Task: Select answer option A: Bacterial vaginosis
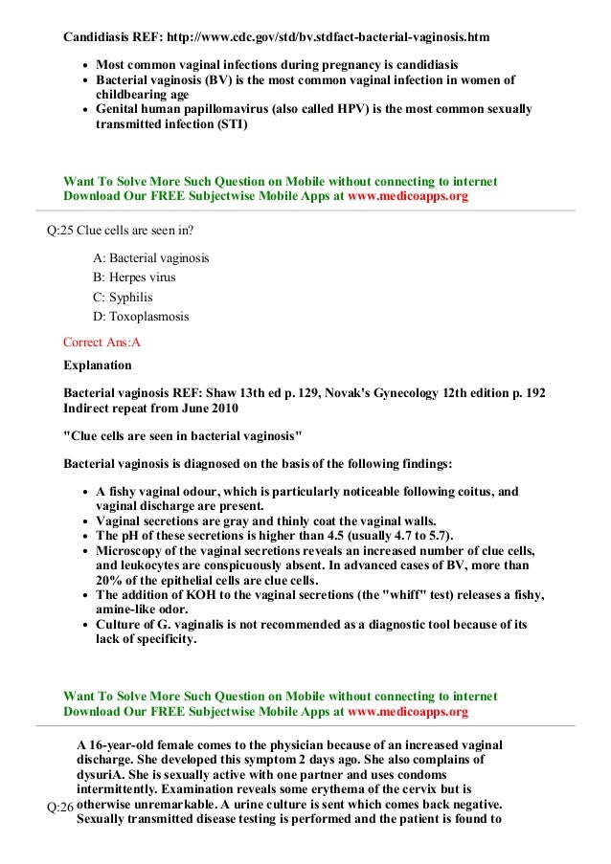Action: point(151,258)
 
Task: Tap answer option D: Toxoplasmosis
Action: point(141,317)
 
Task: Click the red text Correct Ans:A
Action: point(102,341)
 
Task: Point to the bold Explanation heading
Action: point(97,365)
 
